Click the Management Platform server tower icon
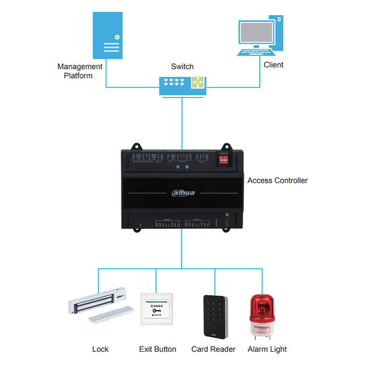point(109,36)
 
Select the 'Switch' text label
point(182,67)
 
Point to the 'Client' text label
point(273,65)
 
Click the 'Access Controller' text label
point(278,180)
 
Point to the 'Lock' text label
point(100,349)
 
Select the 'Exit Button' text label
point(158,349)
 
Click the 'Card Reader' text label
point(213,349)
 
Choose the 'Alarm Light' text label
point(267,349)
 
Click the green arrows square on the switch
point(198,83)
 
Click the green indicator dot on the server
point(117,36)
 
